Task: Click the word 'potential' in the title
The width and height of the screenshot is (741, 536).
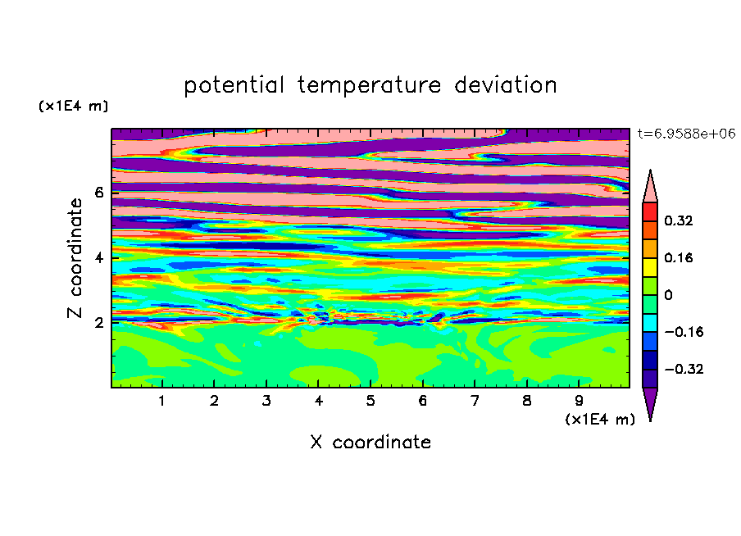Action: [x=234, y=86]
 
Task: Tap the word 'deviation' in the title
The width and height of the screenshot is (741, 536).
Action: [x=505, y=85]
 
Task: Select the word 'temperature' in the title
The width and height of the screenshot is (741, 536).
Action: [x=369, y=86]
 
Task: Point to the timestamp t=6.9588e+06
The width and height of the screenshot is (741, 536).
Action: [x=687, y=134]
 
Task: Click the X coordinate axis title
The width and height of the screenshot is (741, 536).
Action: [x=370, y=442]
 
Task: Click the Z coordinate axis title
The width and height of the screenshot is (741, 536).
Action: [x=75, y=258]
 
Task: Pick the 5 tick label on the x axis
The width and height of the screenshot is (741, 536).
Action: [x=370, y=401]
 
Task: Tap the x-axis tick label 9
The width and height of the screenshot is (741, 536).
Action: [x=579, y=401]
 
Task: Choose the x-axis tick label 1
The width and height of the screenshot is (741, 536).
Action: [x=162, y=401]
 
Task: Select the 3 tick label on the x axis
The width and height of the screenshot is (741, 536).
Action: [x=266, y=401]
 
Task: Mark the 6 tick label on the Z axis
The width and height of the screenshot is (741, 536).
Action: [x=98, y=193]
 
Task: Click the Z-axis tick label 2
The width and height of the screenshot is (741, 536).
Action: [x=98, y=322]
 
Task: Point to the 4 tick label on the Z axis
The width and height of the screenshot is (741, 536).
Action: [x=98, y=257]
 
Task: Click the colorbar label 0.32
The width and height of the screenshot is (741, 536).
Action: [x=678, y=220]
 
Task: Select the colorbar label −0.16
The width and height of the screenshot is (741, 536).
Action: [x=684, y=332]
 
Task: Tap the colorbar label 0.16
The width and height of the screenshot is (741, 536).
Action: [x=678, y=257]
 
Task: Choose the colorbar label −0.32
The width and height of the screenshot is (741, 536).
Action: [x=684, y=369]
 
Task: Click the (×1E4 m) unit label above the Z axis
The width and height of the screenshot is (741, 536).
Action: [x=73, y=106]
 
